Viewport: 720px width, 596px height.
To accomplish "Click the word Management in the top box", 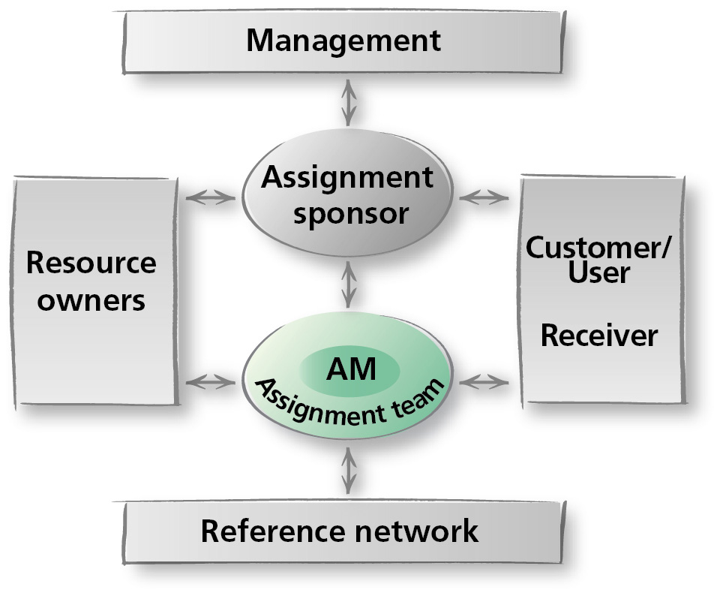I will click(x=343, y=40).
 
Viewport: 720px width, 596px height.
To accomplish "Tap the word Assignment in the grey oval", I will click(x=347, y=178).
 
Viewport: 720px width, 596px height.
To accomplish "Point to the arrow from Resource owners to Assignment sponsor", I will click(x=210, y=198).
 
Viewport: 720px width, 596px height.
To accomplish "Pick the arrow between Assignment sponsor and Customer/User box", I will click(x=484, y=198).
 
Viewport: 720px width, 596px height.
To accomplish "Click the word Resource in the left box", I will click(x=91, y=263).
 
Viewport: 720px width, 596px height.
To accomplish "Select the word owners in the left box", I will click(x=91, y=300).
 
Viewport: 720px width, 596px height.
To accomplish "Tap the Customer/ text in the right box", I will click(x=598, y=247).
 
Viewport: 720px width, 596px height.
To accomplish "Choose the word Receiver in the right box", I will click(x=598, y=336).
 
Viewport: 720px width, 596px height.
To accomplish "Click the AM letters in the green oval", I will click(x=350, y=368).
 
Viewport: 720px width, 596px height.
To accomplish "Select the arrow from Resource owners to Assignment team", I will click(x=210, y=382).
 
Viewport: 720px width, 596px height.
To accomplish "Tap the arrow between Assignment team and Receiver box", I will click(x=484, y=382).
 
